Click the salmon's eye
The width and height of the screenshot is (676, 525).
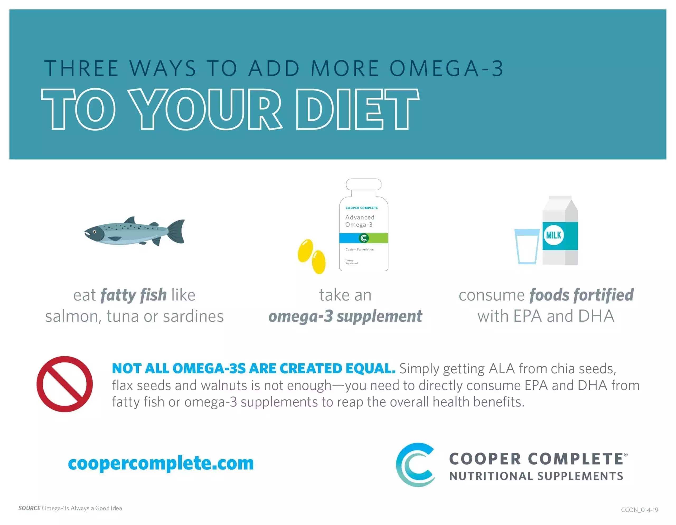[x=95, y=232]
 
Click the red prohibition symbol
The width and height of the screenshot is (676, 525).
[x=64, y=384]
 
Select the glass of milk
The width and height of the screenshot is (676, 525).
[x=527, y=246]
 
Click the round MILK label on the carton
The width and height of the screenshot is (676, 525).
[x=553, y=235]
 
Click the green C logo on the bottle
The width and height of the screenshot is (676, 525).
[x=364, y=238]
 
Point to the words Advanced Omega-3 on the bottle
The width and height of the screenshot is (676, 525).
[x=360, y=221]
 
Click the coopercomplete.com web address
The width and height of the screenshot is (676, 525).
[x=161, y=464]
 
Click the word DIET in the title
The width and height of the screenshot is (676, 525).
[x=358, y=109]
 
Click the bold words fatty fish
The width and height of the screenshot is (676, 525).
[x=134, y=295]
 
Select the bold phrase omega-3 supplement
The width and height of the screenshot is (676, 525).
[x=345, y=316]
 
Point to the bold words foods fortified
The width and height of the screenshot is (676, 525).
[x=581, y=295]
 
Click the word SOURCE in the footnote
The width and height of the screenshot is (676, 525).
[x=29, y=508]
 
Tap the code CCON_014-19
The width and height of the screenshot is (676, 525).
[x=640, y=509]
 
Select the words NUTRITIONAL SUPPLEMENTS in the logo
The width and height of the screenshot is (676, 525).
[x=536, y=476]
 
